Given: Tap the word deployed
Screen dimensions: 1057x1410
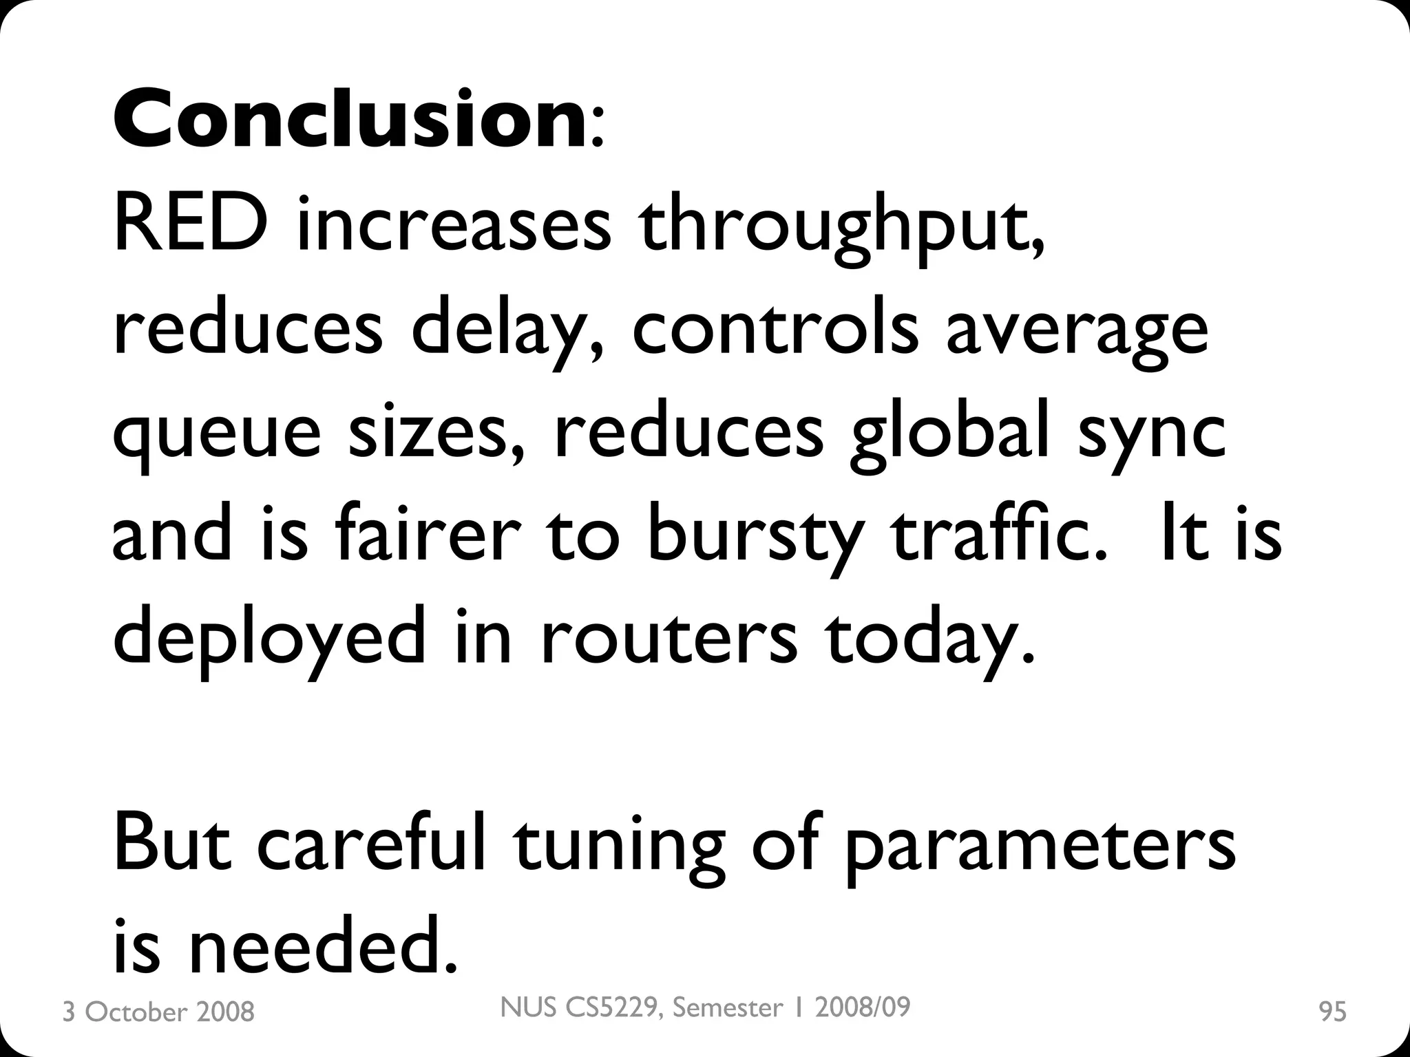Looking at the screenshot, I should click(269, 640).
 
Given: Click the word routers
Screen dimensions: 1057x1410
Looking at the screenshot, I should click(669, 640).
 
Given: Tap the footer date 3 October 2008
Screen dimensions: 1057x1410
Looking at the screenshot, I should click(158, 1012).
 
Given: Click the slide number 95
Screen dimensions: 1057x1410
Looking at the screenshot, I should click(1332, 1012).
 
